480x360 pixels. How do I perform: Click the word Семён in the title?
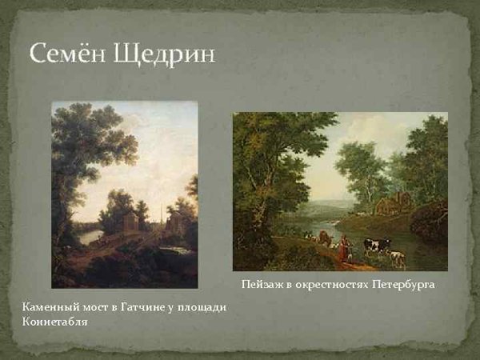68,54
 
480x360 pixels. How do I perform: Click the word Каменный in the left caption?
47,308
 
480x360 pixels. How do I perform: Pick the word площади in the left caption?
202,308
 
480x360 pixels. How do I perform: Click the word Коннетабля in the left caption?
54,322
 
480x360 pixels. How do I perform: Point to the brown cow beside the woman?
324,238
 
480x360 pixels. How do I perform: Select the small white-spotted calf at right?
396,257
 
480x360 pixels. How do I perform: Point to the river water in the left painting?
90,236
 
